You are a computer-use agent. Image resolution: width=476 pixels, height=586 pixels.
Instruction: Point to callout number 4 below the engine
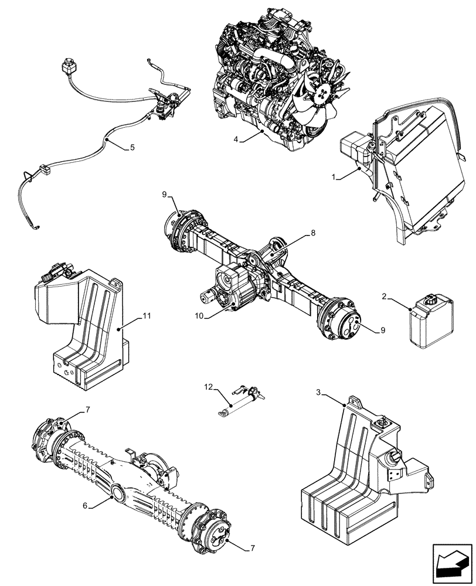[235, 140]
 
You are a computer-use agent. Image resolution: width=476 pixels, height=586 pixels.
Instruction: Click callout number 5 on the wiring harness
[132, 147]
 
